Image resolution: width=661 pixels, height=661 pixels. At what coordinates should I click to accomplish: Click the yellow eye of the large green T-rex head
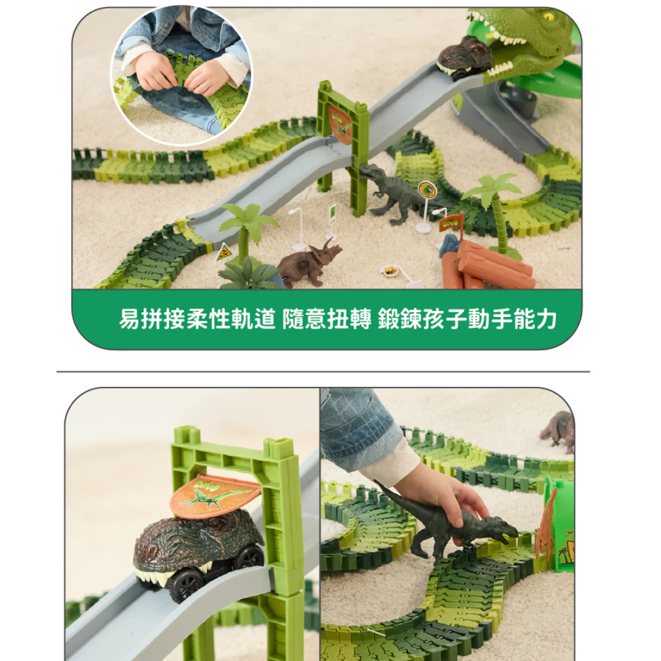pos(548,17)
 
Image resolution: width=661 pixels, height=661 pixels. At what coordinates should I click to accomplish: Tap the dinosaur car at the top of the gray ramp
pos(465,58)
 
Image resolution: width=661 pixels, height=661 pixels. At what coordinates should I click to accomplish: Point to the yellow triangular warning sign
pos(224,253)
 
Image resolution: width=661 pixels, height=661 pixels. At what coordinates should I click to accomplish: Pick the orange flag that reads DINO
pos(450,222)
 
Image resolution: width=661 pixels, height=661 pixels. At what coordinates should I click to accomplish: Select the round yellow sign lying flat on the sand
pos(390,271)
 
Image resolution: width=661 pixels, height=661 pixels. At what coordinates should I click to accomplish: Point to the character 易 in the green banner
pos(129,318)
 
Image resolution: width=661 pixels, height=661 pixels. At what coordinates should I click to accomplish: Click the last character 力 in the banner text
pos(547,319)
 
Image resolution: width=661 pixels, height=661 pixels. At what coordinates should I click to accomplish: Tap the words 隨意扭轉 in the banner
pos(327,319)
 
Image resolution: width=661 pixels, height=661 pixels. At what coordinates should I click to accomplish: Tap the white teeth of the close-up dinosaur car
pos(156,576)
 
